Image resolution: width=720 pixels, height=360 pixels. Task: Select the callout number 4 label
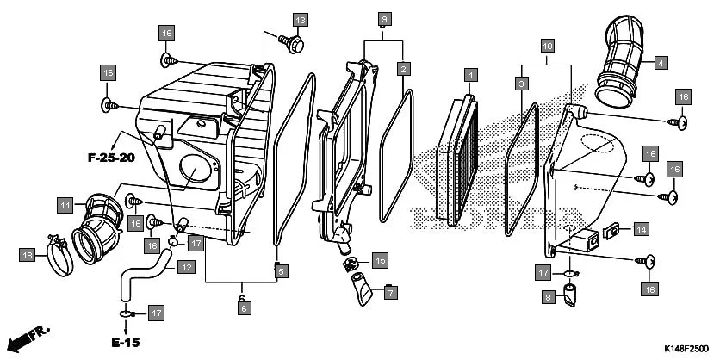[661, 63]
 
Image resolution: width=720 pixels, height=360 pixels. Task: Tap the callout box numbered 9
[385, 19]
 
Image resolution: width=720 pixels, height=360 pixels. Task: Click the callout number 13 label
[300, 20]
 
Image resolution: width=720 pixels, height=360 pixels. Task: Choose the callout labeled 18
[28, 254]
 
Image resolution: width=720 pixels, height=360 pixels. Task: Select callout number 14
[641, 229]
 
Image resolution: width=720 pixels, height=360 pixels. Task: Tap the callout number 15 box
[380, 259]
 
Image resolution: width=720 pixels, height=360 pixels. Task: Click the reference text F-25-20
[111, 158]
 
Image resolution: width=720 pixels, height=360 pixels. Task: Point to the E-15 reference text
[125, 342]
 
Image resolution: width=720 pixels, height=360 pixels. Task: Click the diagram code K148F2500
[687, 348]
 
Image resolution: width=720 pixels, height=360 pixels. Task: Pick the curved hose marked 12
[138, 280]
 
